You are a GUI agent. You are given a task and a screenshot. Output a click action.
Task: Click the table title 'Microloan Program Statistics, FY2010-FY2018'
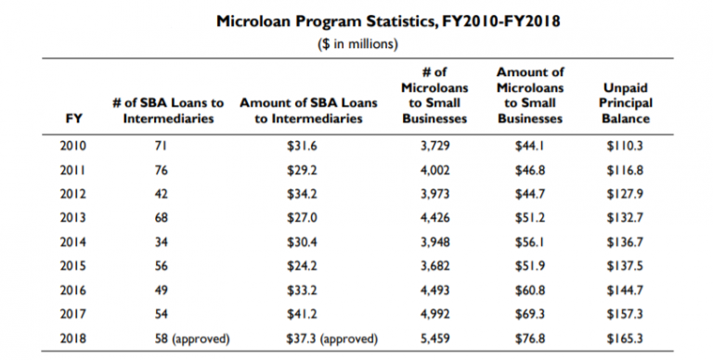click(x=356, y=19)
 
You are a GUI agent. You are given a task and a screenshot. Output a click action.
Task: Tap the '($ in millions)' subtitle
click(x=356, y=43)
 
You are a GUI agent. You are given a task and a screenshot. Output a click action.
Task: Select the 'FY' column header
click(x=72, y=119)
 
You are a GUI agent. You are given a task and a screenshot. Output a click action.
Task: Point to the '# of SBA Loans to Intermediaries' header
click(x=162, y=110)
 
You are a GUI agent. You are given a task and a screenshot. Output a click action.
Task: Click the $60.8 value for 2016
click(x=530, y=289)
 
